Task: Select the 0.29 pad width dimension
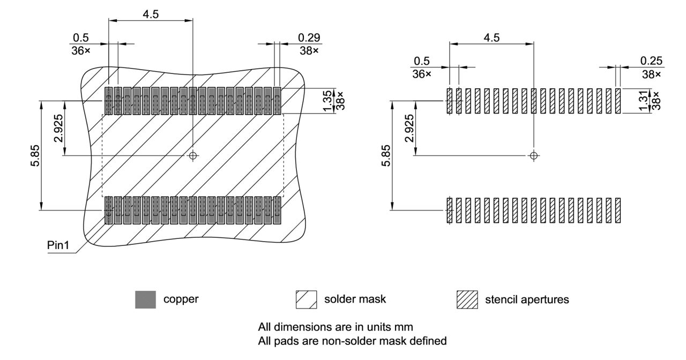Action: click(x=309, y=37)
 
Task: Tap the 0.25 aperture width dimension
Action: click(x=652, y=61)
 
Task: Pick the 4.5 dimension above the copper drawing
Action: click(x=150, y=14)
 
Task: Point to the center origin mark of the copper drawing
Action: click(x=193, y=156)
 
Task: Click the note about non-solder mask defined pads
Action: click(x=352, y=340)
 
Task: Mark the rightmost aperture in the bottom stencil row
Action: click(x=618, y=211)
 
